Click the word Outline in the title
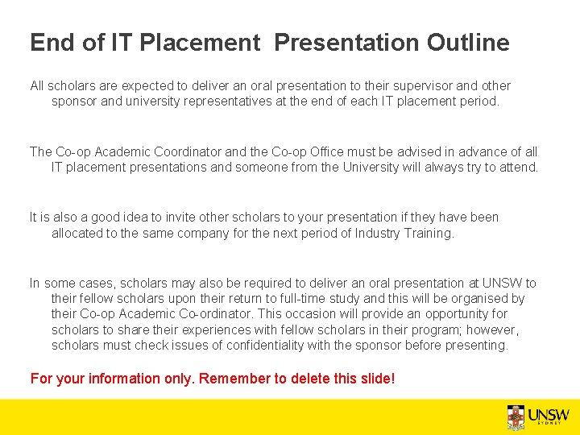468,43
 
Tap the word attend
519,168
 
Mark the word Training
432,234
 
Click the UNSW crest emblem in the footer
516,416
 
